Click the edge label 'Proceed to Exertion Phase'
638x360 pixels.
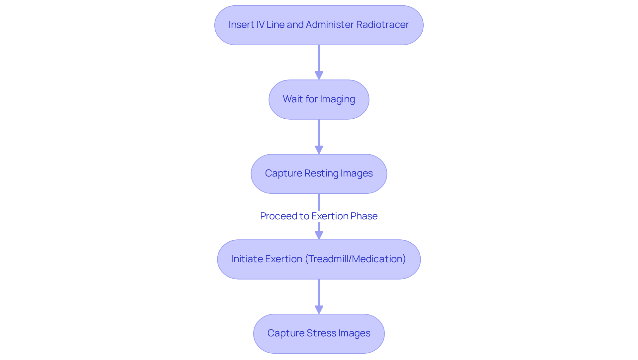tap(319, 216)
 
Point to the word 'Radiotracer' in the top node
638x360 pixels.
tap(382, 25)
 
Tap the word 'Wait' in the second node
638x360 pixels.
tap(292, 99)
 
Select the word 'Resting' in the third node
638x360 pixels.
tap(321, 173)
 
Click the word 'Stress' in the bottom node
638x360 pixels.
tap(322, 333)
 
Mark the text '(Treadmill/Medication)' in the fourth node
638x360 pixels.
tap(355, 259)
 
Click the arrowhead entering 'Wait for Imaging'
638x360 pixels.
tap(319, 75)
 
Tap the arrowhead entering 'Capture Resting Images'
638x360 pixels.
tap(319, 150)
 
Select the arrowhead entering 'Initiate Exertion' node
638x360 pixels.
tap(319, 235)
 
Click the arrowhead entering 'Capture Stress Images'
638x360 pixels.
tap(319, 310)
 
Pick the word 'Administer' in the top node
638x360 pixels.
tap(330, 25)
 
